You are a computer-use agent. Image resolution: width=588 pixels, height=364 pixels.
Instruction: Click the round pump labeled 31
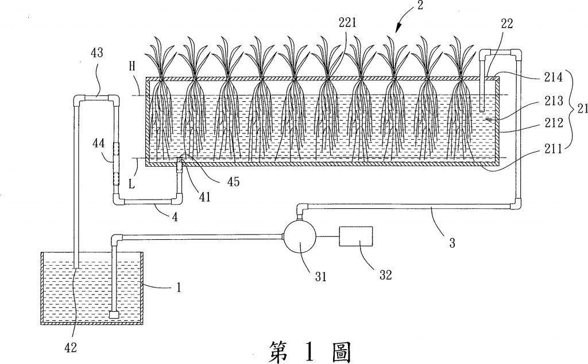coord(300,236)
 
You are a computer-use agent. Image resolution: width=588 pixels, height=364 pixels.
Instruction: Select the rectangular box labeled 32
coord(356,236)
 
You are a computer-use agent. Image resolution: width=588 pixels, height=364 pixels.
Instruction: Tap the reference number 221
coord(347,23)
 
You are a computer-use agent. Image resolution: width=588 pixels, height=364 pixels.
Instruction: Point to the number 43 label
coord(96,52)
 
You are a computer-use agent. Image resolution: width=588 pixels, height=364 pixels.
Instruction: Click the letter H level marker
coord(132,67)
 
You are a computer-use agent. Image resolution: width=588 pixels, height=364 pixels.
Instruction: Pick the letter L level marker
coord(131,184)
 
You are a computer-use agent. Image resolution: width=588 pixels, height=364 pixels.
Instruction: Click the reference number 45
coord(233,182)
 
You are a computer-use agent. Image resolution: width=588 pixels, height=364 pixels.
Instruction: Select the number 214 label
coord(554,78)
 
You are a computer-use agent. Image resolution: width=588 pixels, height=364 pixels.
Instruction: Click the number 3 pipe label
coord(452,243)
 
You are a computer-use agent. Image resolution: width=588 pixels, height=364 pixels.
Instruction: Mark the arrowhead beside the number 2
coord(398,24)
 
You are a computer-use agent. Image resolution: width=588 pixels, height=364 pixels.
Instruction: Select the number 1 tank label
coord(179,288)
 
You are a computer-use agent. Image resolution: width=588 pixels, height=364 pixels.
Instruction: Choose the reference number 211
coord(554,149)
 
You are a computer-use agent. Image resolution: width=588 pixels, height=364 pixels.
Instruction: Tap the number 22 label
coord(506,24)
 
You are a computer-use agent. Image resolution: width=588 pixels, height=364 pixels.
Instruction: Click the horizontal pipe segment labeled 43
coord(96,98)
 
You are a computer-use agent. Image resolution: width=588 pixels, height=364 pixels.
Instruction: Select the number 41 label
coord(204,197)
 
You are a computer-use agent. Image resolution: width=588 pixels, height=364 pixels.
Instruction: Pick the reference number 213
coord(554,101)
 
